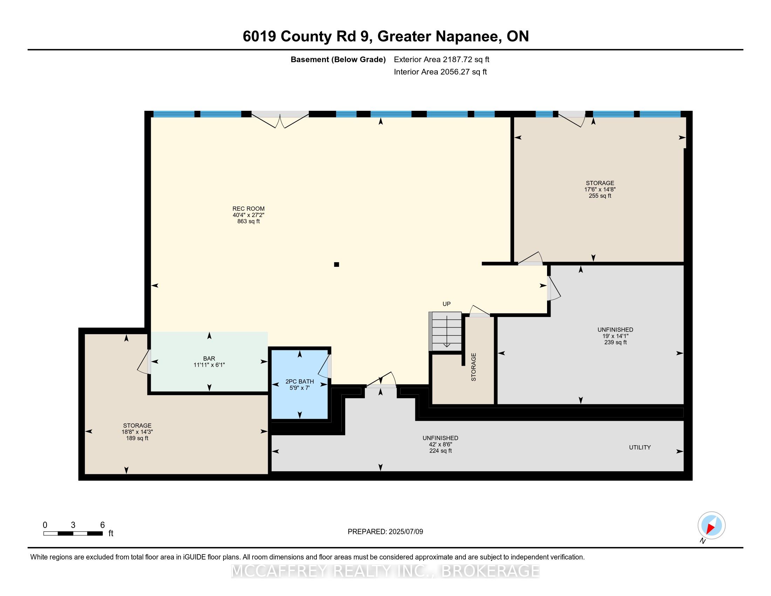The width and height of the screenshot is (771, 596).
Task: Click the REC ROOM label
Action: coord(248,209)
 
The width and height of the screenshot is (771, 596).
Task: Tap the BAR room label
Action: coord(209,358)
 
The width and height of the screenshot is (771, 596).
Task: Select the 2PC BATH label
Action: coord(299,381)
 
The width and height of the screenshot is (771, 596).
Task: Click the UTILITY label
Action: coord(640,447)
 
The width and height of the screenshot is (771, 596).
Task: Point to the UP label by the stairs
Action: coord(446,304)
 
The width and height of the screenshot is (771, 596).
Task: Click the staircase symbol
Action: coord(445,331)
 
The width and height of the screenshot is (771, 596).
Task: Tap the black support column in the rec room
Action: coord(336,264)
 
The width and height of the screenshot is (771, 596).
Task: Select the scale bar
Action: coord(73,534)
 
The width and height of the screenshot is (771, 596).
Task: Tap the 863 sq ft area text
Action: coord(248,221)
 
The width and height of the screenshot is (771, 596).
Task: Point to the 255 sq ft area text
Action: coord(600,196)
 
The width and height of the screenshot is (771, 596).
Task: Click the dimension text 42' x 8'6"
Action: coord(440,445)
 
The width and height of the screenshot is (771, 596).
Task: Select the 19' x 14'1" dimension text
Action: coord(615,336)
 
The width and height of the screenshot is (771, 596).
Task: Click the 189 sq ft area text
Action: coord(137,438)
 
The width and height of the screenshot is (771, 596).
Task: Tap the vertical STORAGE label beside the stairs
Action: coord(474,367)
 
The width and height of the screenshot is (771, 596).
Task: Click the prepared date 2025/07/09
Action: coord(405,532)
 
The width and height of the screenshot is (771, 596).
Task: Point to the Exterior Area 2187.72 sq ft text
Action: coord(442,59)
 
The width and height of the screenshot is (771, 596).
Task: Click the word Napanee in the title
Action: coord(468,36)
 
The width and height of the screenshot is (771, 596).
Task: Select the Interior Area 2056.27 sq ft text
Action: coord(440,72)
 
